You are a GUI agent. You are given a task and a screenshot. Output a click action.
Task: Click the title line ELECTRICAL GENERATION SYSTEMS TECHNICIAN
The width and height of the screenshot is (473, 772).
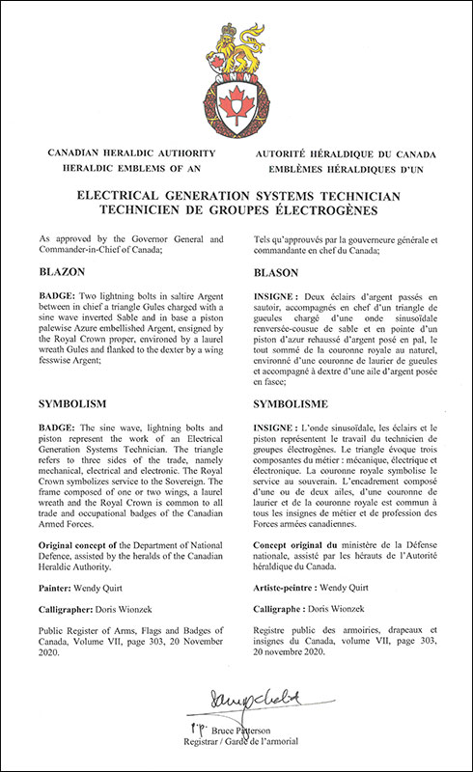point(236,194)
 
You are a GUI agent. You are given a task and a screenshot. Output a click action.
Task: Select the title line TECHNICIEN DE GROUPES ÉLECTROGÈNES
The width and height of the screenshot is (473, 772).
point(236,209)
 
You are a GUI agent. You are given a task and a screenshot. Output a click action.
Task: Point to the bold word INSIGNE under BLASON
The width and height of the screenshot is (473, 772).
point(270,301)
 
